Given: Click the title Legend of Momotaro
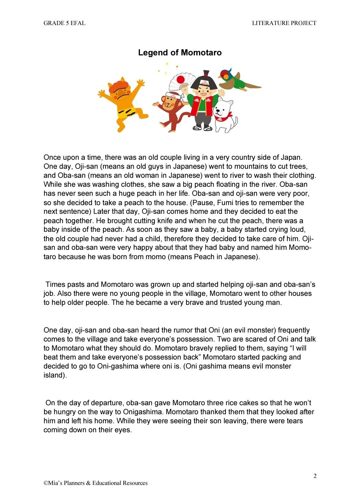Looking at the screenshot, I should pos(180,53).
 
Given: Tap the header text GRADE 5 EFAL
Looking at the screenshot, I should pos(64,23).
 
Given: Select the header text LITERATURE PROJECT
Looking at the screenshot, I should pos(284,23).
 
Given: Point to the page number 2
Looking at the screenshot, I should pos(315,476).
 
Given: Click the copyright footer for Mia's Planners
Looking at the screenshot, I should pos(96,483).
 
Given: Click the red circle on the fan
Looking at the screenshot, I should pos(180,79).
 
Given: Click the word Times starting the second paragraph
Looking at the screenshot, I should pos(55,285).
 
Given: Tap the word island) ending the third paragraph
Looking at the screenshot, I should pos(55,375).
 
